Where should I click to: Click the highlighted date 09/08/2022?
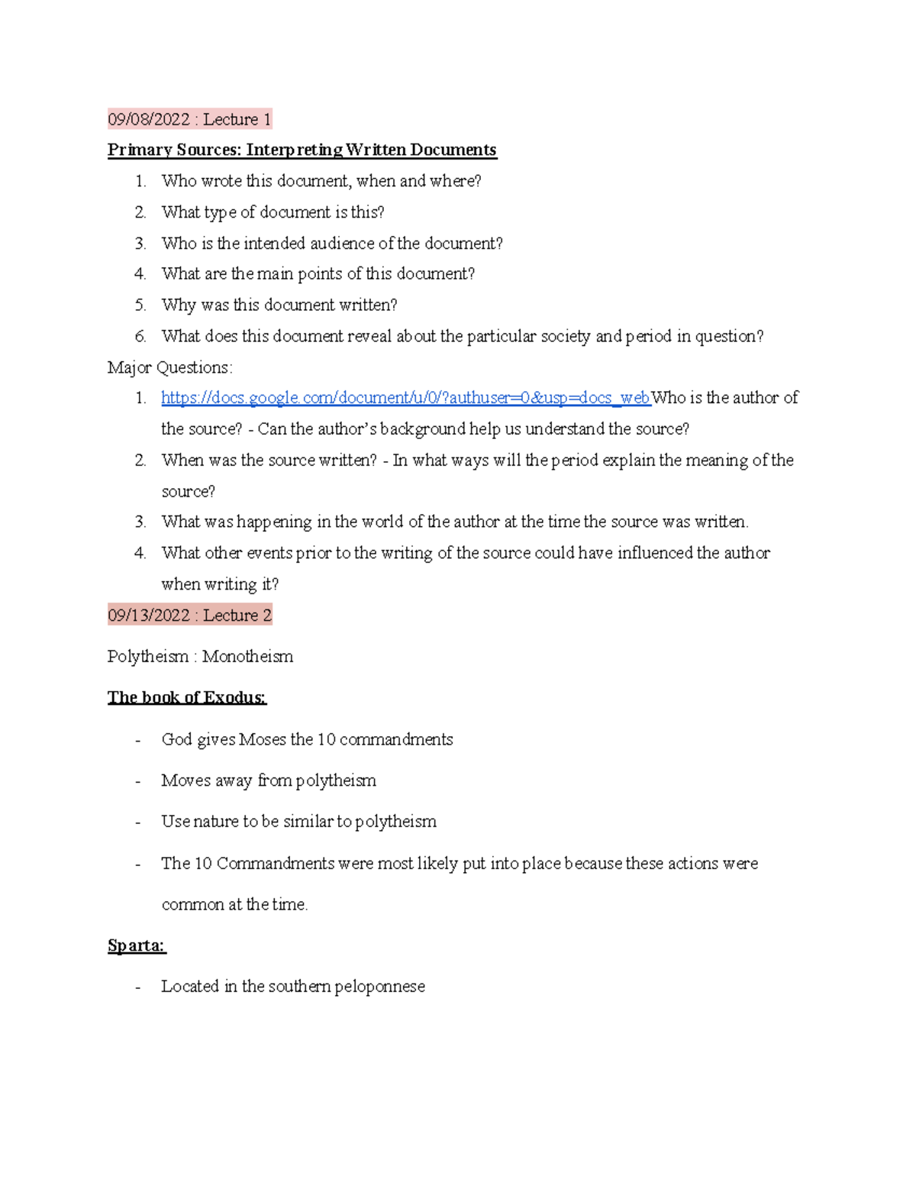click(148, 119)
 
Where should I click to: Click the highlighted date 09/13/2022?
click(148, 616)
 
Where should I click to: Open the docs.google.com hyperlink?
click(405, 398)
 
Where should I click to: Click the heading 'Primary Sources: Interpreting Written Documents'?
click(302, 150)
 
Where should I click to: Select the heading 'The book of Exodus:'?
click(186, 697)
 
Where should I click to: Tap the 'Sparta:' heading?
click(137, 945)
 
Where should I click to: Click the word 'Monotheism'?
click(247, 657)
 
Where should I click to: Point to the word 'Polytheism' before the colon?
click(148, 657)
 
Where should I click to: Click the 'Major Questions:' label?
click(169, 367)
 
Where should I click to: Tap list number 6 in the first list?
click(140, 336)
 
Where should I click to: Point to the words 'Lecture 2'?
click(237, 616)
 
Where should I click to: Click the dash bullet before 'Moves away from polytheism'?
click(137, 781)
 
